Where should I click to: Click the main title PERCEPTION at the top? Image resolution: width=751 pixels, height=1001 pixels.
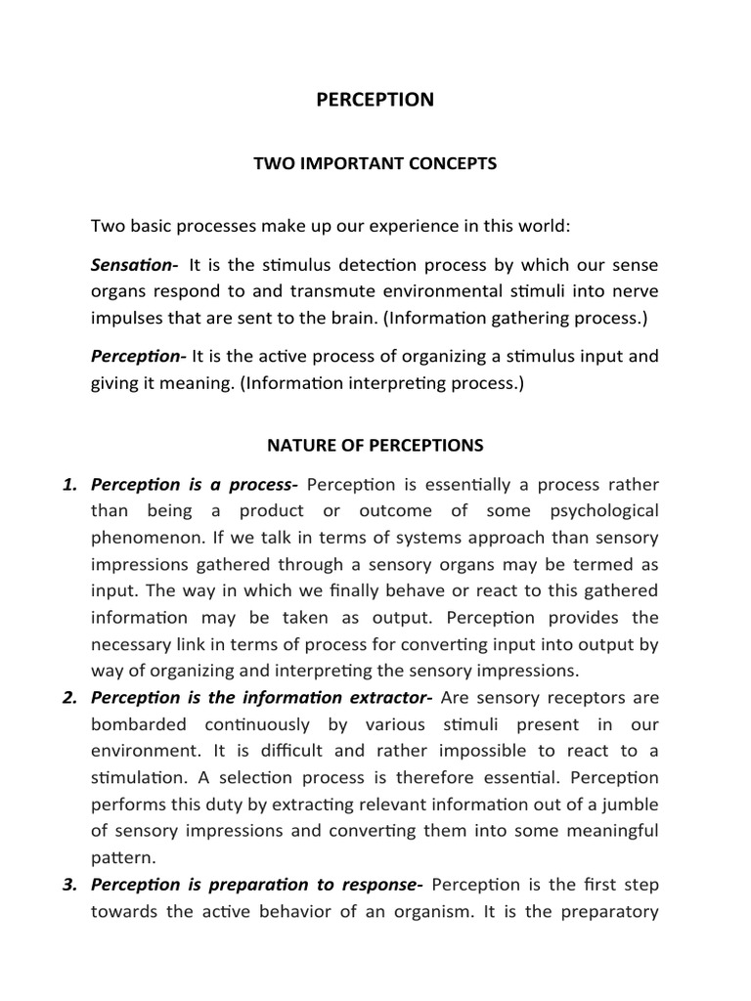pyautogui.click(x=375, y=100)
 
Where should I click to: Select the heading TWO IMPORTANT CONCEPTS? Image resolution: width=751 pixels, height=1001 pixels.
pyautogui.click(x=375, y=163)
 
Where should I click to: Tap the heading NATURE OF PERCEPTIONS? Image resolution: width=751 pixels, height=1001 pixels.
pyautogui.click(x=375, y=445)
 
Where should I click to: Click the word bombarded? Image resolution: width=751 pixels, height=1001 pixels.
pyautogui.click(x=138, y=723)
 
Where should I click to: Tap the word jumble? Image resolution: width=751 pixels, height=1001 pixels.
pyautogui.click(x=634, y=804)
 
